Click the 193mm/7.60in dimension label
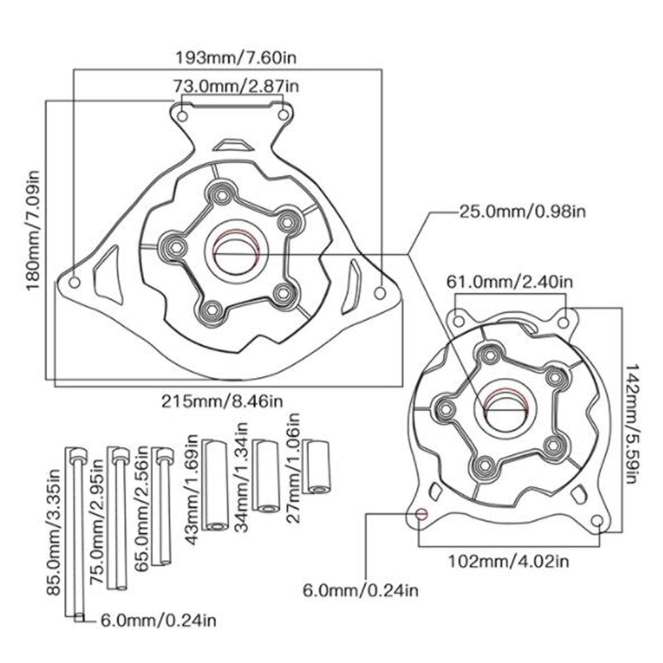click(x=236, y=58)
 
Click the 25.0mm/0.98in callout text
click(x=522, y=212)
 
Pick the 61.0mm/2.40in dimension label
click(x=510, y=281)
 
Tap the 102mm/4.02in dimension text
click(x=508, y=560)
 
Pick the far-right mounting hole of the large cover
click(x=380, y=292)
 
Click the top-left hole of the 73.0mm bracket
click(x=182, y=116)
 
